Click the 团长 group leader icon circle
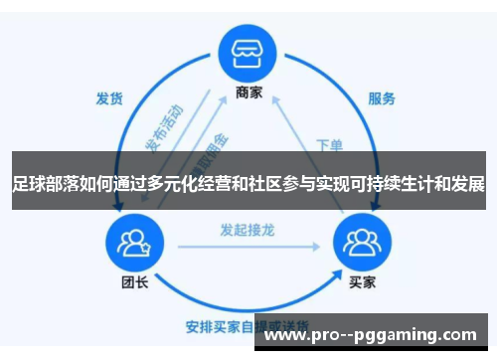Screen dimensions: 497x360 click(132, 243)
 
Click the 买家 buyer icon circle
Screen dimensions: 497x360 click(363, 243)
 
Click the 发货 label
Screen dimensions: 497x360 click(109, 98)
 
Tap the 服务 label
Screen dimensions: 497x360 click(382, 98)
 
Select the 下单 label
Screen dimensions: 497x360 click(330, 144)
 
